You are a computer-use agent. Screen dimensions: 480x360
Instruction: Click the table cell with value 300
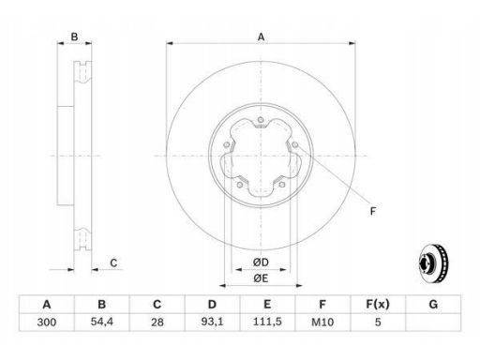click(47, 322)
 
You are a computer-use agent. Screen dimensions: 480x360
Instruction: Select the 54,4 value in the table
click(102, 322)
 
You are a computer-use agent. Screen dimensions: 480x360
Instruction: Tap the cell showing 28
click(157, 322)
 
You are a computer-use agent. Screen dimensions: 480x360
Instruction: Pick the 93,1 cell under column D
click(212, 322)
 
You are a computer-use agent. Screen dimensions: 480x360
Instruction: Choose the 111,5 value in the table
click(267, 322)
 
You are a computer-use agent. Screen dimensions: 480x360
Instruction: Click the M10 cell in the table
click(322, 322)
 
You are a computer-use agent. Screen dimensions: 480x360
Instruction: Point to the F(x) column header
click(378, 305)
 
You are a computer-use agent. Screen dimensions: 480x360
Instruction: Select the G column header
click(433, 305)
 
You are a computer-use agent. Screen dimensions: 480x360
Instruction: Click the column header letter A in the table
click(47, 305)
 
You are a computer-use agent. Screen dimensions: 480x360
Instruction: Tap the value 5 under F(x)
click(378, 322)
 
